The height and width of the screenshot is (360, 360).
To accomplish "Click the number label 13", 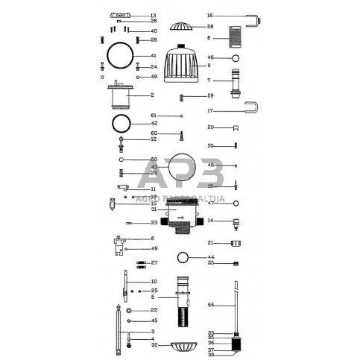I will tap(154, 16).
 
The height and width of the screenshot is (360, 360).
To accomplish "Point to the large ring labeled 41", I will tap(120, 55).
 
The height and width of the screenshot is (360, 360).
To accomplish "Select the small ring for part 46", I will tap(236, 58).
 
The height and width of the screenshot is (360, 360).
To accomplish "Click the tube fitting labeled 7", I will tap(236, 80).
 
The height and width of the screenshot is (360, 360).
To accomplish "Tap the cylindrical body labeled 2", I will tap(119, 95).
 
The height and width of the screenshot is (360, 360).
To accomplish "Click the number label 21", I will tap(210, 243).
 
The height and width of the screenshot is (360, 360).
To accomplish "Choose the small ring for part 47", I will tap(236, 203).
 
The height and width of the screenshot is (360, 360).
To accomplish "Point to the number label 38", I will tap(210, 355).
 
